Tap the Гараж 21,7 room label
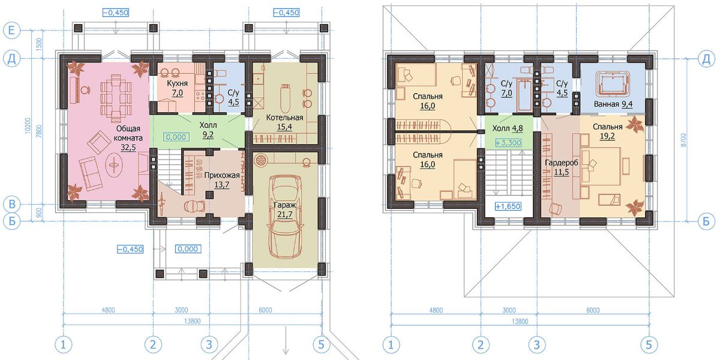pyautogui.click(x=284, y=209)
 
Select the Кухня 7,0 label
pyautogui.click(x=177, y=88)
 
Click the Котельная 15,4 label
pyautogui.click(x=284, y=122)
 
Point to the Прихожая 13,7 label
pyautogui.click(x=222, y=179)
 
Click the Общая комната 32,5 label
pyautogui.click(x=128, y=138)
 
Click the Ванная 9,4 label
pyautogui.click(x=613, y=104)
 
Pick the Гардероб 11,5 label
pyautogui.click(x=561, y=167)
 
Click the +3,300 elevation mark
pyautogui.click(x=508, y=143)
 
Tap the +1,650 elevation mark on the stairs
pyautogui.click(x=508, y=206)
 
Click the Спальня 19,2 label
pyautogui.click(x=607, y=131)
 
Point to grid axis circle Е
pyautogui.click(x=11, y=31)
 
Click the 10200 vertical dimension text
pyautogui.click(x=28, y=125)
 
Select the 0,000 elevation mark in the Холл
pyautogui.click(x=176, y=137)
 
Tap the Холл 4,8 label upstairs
pyautogui.click(x=508, y=128)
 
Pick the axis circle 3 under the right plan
pyautogui.click(x=537, y=345)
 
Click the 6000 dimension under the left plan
pyautogui.click(x=265, y=310)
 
